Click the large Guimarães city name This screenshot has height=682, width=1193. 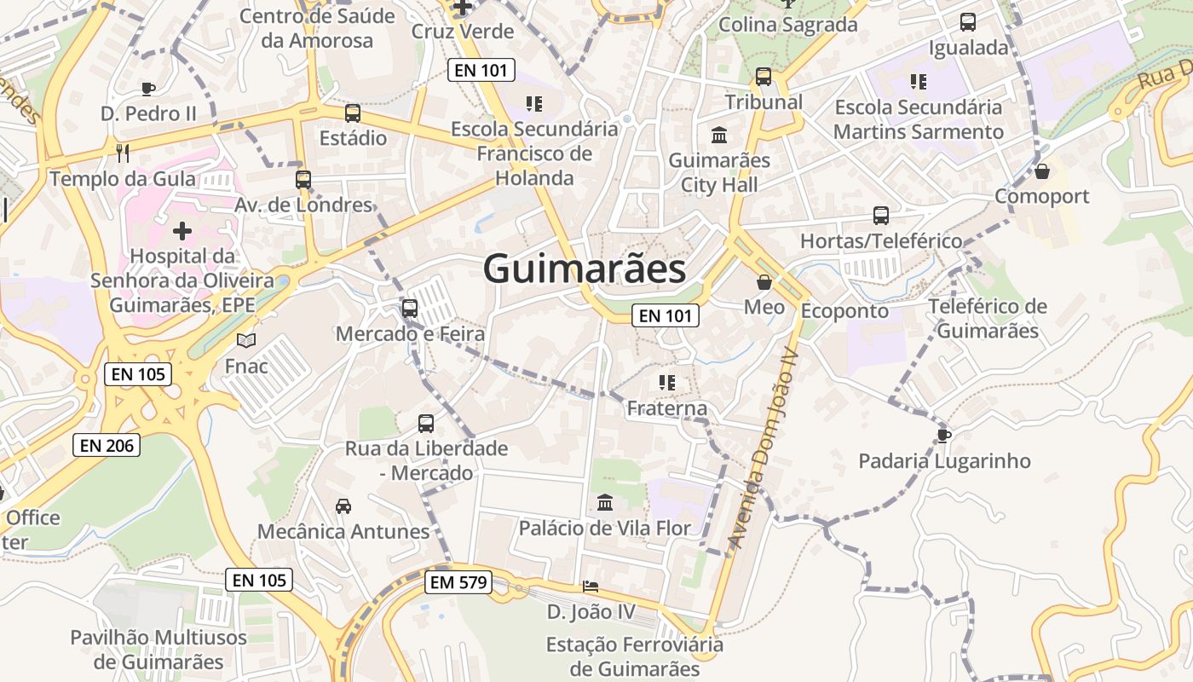click(x=585, y=269)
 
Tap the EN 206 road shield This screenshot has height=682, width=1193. click(x=107, y=444)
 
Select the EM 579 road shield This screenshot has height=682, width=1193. click(x=458, y=583)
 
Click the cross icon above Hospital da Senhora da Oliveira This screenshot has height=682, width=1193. click(x=182, y=230)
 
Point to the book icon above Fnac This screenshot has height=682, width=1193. click(x=246, y=341)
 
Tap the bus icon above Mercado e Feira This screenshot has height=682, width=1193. click(x=410, y=309)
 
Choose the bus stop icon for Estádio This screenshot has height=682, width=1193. click(x=353, y=113)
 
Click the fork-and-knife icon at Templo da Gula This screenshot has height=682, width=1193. click(x=123, y=153)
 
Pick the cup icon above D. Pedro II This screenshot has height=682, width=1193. click(x=148, y=89)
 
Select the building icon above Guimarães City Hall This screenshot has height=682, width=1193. click(x=719, y=135)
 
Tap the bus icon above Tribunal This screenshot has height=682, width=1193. click(x=764, y=77)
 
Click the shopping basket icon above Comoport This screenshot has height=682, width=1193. click(x=1041, y=171)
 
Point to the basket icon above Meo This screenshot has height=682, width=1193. click(x=764, y=281)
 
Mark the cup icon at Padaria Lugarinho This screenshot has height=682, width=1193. click(x=944, y=436)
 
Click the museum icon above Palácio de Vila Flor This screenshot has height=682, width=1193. click(x=605, y=502)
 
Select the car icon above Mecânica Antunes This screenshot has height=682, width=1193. click(x=343, y=506)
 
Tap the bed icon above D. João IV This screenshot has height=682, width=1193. click(x=591, y=587)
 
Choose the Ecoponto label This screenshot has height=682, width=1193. click(x=844, y=310)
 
